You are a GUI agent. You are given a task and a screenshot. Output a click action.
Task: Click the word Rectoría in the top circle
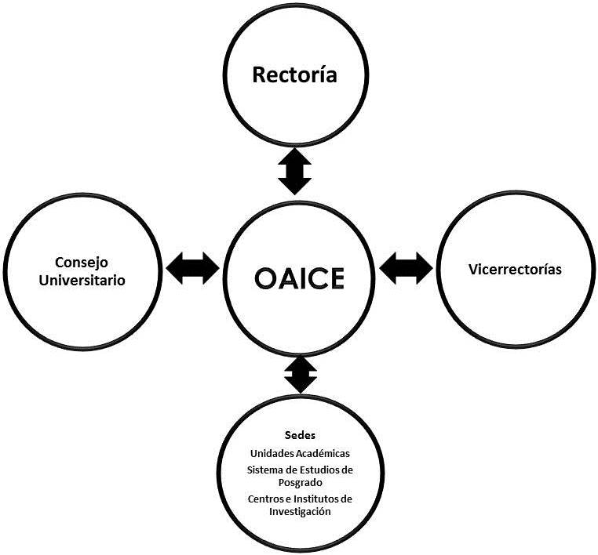(294, 75)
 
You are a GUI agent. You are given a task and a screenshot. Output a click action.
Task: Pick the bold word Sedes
(299, 435)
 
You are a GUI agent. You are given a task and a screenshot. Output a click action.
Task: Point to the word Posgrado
(299, 483)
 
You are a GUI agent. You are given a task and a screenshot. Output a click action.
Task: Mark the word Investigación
(299, 512)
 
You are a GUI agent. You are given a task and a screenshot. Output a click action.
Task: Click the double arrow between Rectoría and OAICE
(295, 172)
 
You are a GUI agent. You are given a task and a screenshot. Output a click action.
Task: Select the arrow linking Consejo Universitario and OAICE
(193, 268)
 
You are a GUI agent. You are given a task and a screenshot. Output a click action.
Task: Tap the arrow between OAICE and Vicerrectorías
(406, 268)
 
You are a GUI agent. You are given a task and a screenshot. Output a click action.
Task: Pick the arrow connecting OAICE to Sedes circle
(301, 375)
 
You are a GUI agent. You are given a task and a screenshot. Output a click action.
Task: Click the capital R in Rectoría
(259, 75)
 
